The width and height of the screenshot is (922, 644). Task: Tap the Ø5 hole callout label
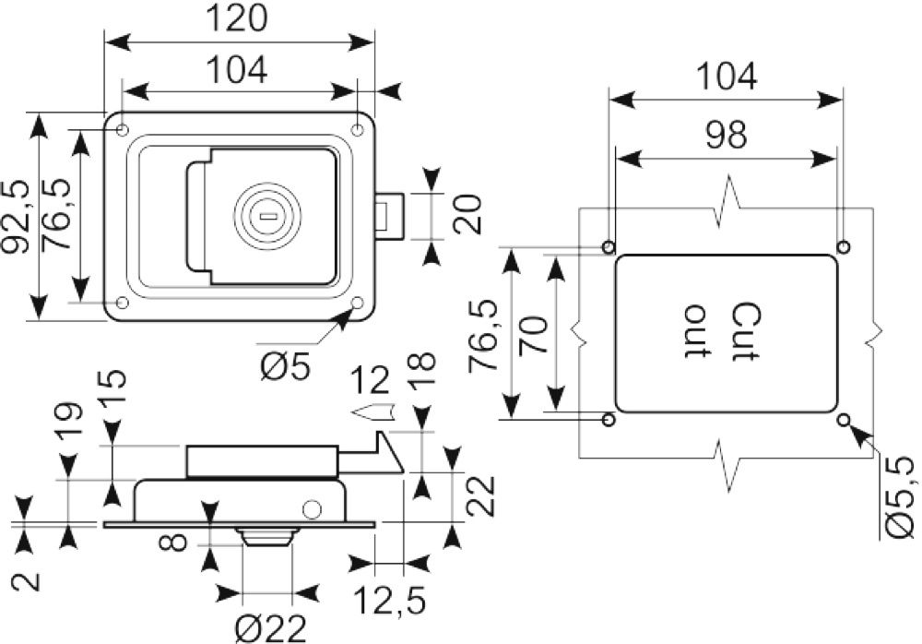point(285,369)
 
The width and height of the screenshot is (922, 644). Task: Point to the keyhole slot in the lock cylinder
point(267,216)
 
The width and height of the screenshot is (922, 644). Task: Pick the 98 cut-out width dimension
point(727,134)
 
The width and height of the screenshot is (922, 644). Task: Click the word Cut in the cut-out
point(747,331)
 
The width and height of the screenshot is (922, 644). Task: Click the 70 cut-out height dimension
point(533,334)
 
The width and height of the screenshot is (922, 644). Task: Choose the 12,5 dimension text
point(390,601)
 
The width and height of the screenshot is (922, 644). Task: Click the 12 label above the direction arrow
point(371,380)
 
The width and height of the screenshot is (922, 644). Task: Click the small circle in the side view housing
point(313,508)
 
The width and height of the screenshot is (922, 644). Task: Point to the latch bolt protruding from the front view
point(390,216)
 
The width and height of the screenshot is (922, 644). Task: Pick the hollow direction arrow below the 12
point(374,411)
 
